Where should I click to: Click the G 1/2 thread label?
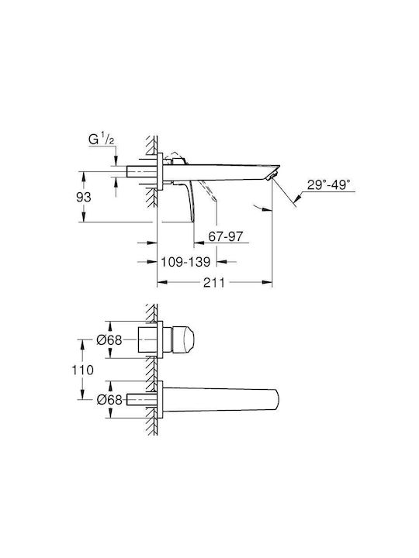pos(101,139)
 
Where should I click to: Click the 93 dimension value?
pos(83,197)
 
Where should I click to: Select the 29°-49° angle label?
pos(328,185)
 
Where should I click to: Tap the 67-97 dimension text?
pos(226,236)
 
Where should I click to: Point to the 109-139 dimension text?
pos(185,262)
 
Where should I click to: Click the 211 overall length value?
pos(214,283)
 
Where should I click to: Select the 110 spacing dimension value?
pos(83,370)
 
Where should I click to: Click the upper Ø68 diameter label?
pos(109,340)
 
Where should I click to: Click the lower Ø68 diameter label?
pos(109,400)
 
